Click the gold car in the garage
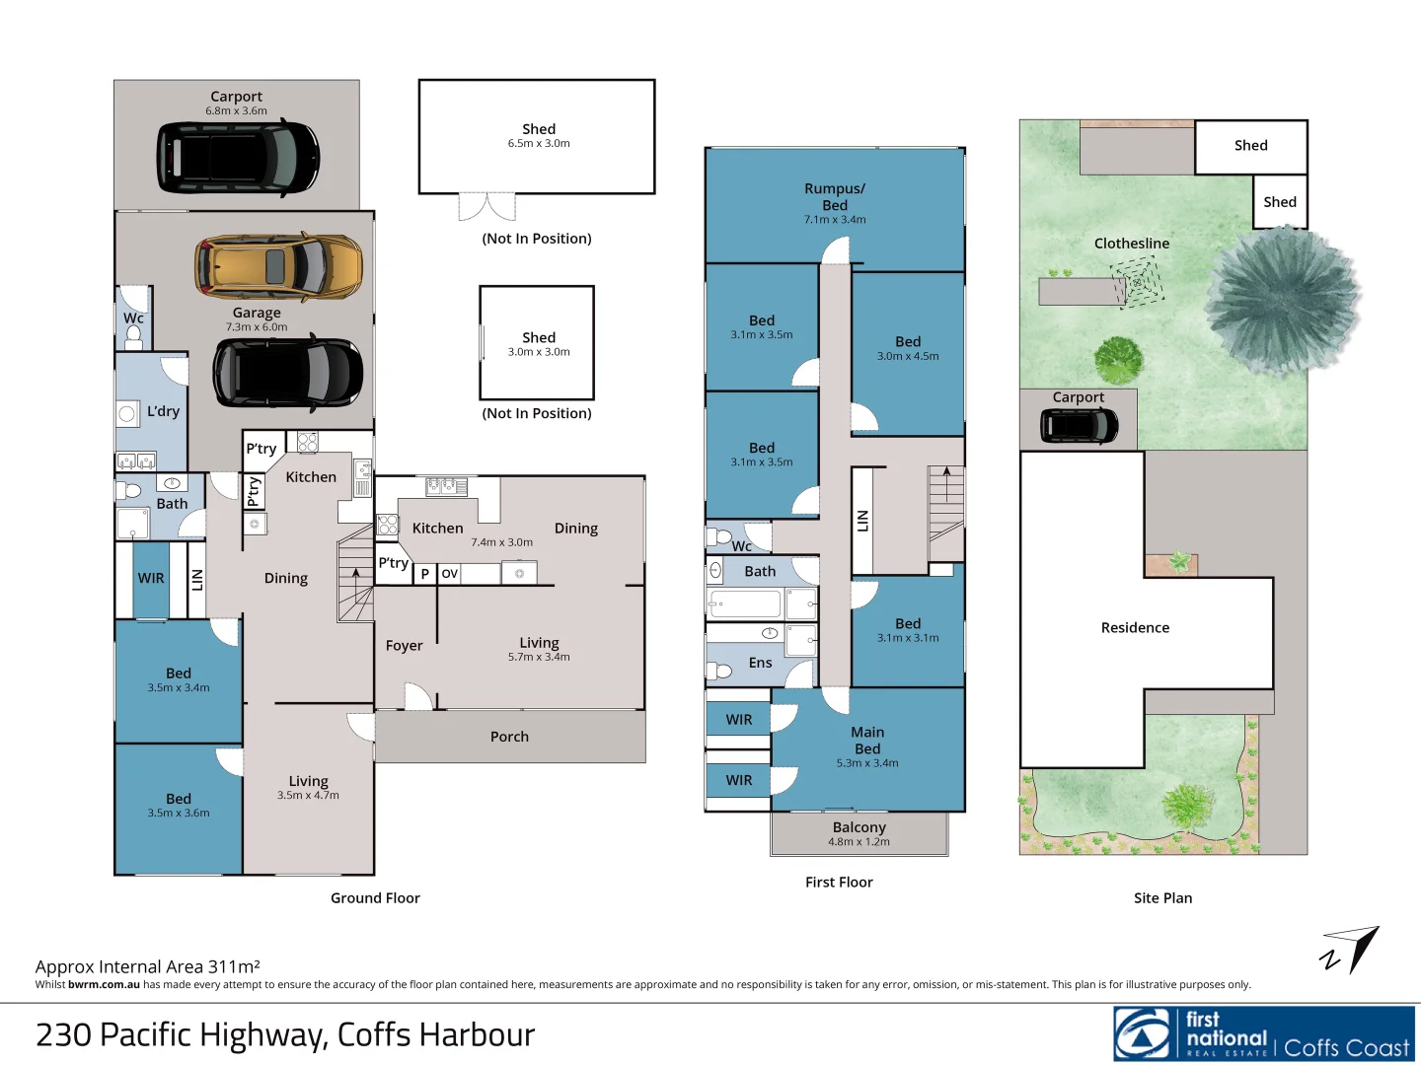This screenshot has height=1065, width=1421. pos(278,265)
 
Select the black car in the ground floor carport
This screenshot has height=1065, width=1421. pos(238,158)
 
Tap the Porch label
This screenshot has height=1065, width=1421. pos(509,737)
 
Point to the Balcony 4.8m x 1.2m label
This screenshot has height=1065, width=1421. pos(859,833)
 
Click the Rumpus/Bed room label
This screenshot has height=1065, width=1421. pos(835,202)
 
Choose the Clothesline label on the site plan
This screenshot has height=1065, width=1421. pos(1131,244)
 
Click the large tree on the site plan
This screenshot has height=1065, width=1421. pos(1282,295)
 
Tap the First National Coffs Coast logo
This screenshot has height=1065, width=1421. pos(1264,1033)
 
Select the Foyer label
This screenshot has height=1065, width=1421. pos(404,646)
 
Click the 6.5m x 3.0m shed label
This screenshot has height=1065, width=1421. pos(539,135)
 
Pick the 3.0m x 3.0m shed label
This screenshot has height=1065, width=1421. pos(539,343)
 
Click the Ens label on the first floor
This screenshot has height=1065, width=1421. pos(760,663)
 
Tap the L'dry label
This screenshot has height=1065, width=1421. pos(163,411)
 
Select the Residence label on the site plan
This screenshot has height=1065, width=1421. pos(1135,627)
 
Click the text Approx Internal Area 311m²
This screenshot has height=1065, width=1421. pos(148,966)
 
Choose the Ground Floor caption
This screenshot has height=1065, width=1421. pos(375,897)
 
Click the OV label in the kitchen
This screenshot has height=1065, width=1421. pos(450,574)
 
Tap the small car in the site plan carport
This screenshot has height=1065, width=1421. pos(1080,426)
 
